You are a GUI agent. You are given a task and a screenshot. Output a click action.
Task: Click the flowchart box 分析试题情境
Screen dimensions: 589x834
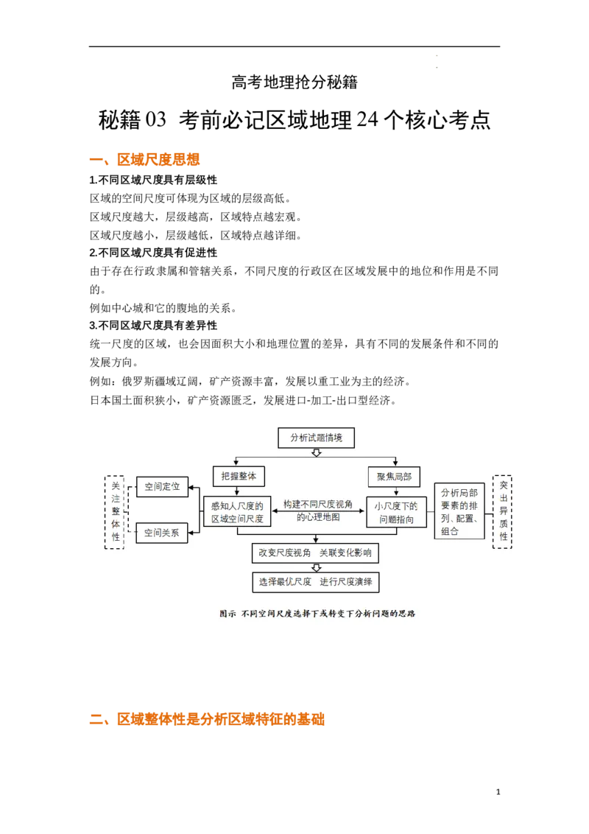click(x=317, y=438)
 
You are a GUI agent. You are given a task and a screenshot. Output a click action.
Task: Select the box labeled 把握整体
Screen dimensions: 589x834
click(x=239, y=476)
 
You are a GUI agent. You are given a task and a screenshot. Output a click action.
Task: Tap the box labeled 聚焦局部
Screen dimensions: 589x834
click(x=395, y=477)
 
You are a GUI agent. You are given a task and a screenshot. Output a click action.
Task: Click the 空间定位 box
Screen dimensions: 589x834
click(x=162, y=487)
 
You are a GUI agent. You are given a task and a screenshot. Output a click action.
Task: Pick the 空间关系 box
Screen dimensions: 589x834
click(x=161, y=533)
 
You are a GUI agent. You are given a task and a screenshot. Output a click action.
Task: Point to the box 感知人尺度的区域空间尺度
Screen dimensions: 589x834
click(x=237, y=512)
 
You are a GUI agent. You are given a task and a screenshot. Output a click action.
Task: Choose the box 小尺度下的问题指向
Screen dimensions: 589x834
click(x=397, y=512)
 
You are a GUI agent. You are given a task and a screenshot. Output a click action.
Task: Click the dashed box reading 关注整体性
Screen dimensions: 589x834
click(x=115, y=512)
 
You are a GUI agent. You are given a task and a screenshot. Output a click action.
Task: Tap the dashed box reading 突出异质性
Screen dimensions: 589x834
click(x=502, y=511)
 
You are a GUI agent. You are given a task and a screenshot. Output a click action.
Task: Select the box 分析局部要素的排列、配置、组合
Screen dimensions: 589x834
click(x=459, y=511)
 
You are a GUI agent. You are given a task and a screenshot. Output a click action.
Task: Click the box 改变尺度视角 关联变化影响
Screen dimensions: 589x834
click(x=315, y=553)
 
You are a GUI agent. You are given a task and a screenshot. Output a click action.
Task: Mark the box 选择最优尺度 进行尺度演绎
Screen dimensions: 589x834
click(x=316, y=582)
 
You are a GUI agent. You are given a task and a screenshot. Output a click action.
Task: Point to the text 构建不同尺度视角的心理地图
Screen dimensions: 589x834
click(x=318, y=511)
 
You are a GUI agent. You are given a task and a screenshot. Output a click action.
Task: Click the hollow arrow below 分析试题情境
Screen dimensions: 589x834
click(x=317, y=452)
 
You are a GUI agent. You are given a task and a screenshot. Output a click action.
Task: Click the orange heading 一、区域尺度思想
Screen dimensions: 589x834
click(x=144, y=160)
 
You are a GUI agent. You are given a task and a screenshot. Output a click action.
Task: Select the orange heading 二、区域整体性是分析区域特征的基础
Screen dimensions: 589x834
click(x=207, y=720)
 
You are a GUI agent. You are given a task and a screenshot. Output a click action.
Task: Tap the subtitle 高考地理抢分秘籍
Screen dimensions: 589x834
click(x=294, y=82)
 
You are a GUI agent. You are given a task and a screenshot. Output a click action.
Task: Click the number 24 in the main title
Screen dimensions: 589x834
click(x=367, y=119)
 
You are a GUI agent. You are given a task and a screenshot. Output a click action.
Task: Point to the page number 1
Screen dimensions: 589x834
click(x=498, y=792)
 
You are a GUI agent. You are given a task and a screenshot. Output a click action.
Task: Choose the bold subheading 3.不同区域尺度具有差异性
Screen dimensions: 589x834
click(x=153, y=325)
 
